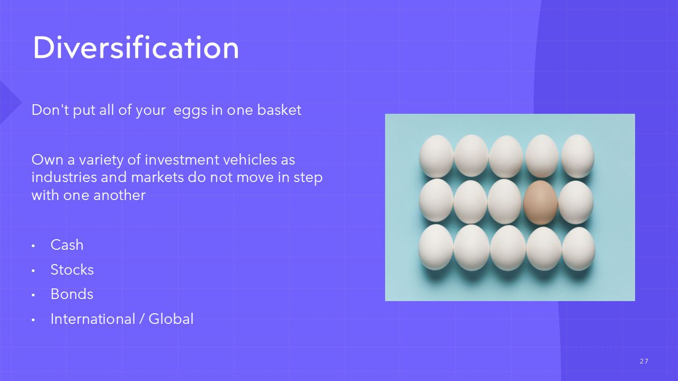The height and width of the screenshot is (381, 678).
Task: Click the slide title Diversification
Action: pyautogui.click(x=136, y=48)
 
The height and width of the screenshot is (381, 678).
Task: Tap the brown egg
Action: pyautogui.click(x=540, y=202)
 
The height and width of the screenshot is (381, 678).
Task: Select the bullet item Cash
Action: pyautogui.click(x=67, y=244)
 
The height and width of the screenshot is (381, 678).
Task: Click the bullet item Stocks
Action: pyautogui.click(x=72, y=269)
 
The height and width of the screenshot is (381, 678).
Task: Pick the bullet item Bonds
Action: pyautogui.click(x=72, y=294)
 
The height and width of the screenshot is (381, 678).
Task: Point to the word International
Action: pyautogui.click(x=93, y=319)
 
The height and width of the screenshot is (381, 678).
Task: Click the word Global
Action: pyautogui.click(x=171, y=319)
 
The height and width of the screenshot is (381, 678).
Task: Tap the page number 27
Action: pyautogui.click(x=644, y=361)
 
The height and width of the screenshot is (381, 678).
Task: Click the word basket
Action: pyautogui.click(x=279, y=110)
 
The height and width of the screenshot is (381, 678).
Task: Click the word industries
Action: pyautogui.click(x=64, y=177)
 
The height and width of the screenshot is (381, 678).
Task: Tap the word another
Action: pyautogui.click(x=120, y=195)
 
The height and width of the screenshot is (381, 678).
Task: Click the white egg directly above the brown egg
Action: pyautogui.click(x=542, y=156)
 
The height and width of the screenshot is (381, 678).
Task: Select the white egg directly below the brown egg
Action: pyautogui.click(x=544, y=249)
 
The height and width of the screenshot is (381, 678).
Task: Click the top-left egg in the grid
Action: pyautogui.click(x=436, y=156)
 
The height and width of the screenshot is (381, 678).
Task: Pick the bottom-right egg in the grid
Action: pyautogui.click(x=578, y=249)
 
